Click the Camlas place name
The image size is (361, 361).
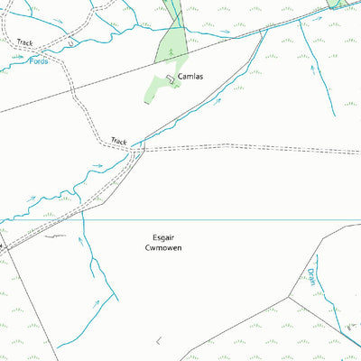click(190, 77)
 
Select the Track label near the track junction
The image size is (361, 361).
click(119, 141)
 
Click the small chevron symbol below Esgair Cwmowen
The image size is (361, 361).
click(159, 340)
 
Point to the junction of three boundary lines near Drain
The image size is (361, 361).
click(291, 297)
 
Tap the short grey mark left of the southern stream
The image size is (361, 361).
click(56, 236)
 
